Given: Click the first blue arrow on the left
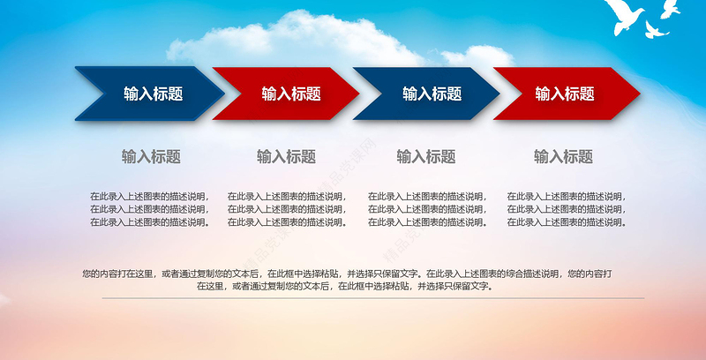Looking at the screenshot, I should pyautogui.click(x=146, y=94).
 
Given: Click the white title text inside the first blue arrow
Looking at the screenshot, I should pyautogui.click(x=153, y=94).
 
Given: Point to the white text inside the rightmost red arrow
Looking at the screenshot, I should pyautogui.click(x=565, y=94).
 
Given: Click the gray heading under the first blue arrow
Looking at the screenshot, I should pyautogui.click(x=151, y=157).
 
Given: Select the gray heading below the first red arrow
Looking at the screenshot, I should pyautogui.click(x=286, y=157).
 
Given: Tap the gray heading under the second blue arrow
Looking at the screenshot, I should pyautogui.click(x=426, y=157).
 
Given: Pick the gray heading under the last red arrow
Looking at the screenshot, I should pyautogui.click(x=563, y=157).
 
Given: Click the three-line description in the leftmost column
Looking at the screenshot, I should pyautogui.click(x=149, y=209).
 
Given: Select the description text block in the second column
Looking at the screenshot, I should pyautogui.click(x=287, y=209).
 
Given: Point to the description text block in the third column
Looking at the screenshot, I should pyautogui.click(x=427, y=209).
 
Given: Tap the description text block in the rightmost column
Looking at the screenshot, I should pyautogui.click(x=566, y=209).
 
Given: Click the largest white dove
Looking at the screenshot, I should pyautogui.click(x=628, y=17).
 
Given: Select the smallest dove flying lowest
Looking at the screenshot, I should pyautogui.click(x=654, y=31).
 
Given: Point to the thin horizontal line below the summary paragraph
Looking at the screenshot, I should pyautogui.click(x=353, y=298).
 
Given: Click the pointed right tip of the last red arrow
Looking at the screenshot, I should pyautogui.click(x=638, y=94).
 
